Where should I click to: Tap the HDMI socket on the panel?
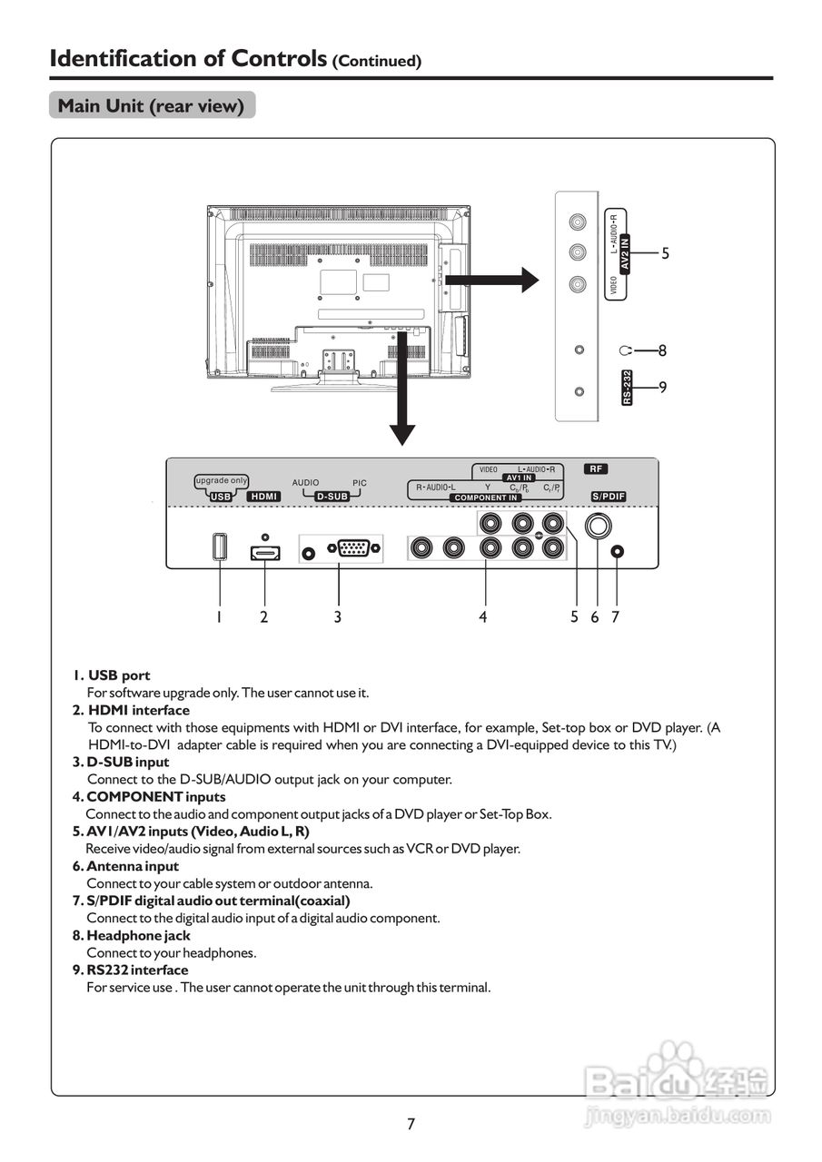point(264,552)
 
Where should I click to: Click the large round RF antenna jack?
point(598,527)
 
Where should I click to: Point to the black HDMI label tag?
point(264,497)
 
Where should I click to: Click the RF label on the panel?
point(596,469)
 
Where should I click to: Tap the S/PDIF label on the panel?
point(609,497)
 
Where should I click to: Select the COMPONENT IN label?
point(486,497)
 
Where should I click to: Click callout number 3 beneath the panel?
point(338,617)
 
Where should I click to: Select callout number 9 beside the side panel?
point(664,388)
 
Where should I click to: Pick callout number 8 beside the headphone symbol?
point(664,350)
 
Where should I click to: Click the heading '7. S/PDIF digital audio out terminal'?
point(211,901)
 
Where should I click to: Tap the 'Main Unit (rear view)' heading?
point(151,106)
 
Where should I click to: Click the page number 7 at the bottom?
point(411,1124)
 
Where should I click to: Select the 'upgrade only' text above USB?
point(222,480)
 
